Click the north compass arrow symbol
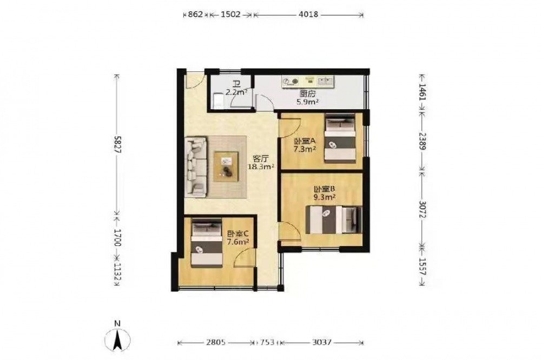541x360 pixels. click(118, 339)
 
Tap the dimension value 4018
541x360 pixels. click(308, 15)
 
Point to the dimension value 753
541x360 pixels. click(267, 342)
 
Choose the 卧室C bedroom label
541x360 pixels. click(237, 234)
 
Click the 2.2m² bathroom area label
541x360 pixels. click(236, 92)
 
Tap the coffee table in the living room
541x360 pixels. click(226, 166)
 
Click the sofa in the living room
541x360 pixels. click(196, 167)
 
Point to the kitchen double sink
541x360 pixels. click(325, 81)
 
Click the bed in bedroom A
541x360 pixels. click(340, 138)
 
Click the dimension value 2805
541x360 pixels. click(216, 342)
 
